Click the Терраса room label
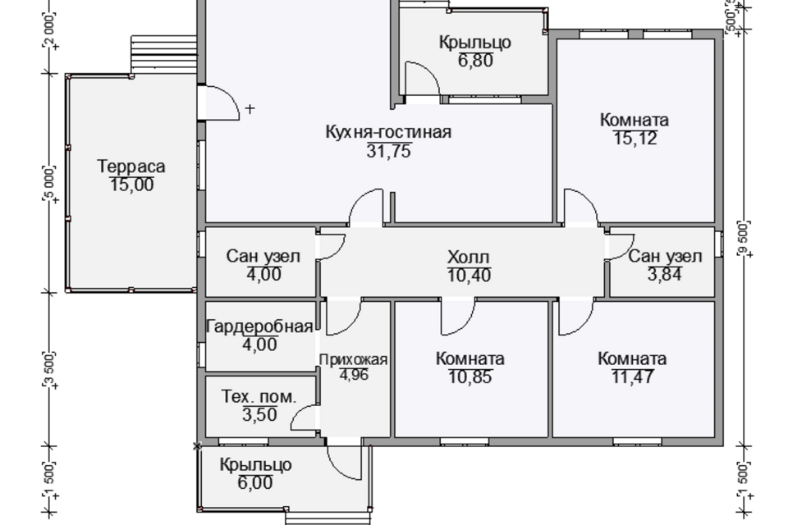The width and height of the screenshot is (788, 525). (x=131, y=167)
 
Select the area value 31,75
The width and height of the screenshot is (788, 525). (x=389, y=151)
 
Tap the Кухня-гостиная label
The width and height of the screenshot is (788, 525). (x=388, y=132)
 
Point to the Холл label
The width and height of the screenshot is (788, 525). (x=469, y=258)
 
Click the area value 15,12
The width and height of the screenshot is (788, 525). (x=635, y=138)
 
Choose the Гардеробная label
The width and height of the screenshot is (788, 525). (x=260, y=326)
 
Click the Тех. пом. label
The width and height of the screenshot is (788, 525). (x=259, y=397)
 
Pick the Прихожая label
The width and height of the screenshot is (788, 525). (x=353, y=360)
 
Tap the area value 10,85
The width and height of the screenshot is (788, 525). (x=470, y=377)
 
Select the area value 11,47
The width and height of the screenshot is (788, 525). (x=633, y=377)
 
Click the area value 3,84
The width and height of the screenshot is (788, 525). (x=665, y=274)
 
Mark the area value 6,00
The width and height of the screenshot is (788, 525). (x=255, y=483)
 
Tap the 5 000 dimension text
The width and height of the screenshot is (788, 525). (x=49, y=182)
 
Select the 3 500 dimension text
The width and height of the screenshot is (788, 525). (x=49, y=369)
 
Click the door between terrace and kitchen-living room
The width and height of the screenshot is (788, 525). (x=218, y=103)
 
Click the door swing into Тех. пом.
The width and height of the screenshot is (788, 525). (x=305, y=418)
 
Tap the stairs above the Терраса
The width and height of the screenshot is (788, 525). (x=163, y=54)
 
